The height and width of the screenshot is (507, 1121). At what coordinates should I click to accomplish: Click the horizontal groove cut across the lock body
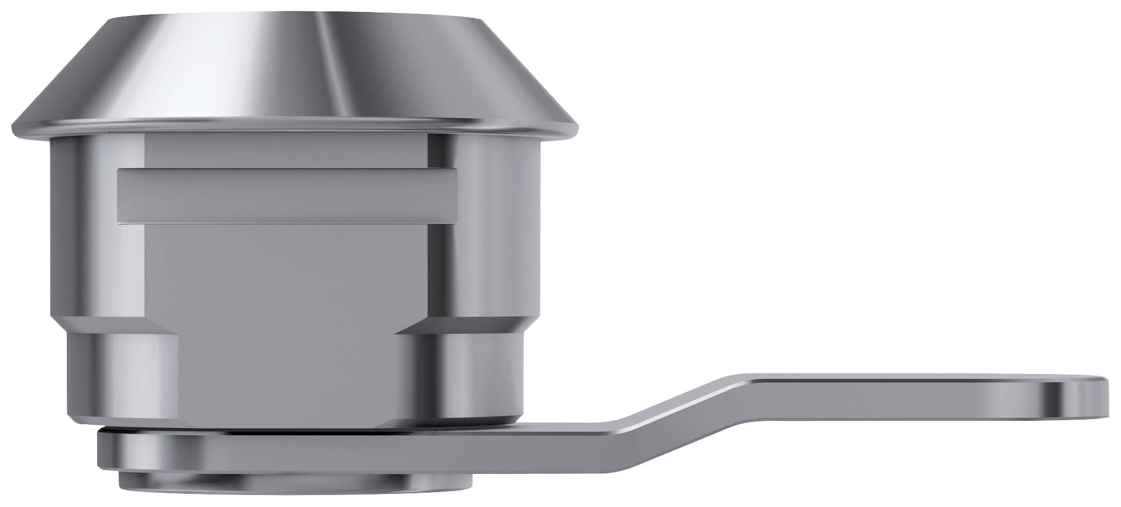pyautogui.click(x=285, y=195)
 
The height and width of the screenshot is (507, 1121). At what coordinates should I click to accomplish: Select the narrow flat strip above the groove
pyautogui.click(x=285, y=153)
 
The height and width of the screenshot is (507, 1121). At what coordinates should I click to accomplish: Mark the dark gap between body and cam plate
pyautogui.click(x=285, y=429)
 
